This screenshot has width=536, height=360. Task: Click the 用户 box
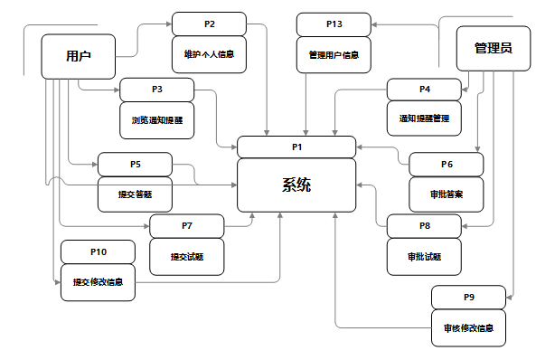coord(80,57)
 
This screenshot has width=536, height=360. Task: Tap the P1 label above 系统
coord(296,146)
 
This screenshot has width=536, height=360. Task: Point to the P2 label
coord(209,24)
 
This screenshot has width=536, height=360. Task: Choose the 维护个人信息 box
coord(209,54)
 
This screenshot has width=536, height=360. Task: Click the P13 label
coord(333,24)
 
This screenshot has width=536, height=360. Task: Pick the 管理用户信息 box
coord(333,54)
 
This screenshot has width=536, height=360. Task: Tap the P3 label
coord(156,90)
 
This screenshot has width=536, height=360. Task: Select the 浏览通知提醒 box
coord(156,119)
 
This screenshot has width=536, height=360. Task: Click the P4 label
coord(424,90)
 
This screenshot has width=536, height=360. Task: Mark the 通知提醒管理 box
coord(424,118)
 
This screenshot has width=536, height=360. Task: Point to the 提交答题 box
coord(135,194)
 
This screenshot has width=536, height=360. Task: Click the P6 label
coord(447,164)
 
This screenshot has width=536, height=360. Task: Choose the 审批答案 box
coord(447,194)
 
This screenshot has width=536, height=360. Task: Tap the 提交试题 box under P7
coord(186,256)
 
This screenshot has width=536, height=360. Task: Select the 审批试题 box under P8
coord(424,256)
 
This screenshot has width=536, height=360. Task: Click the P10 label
coord(98,251)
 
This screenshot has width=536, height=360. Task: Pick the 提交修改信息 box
coord(98,281)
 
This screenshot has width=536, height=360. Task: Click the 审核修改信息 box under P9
coord(468,327)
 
